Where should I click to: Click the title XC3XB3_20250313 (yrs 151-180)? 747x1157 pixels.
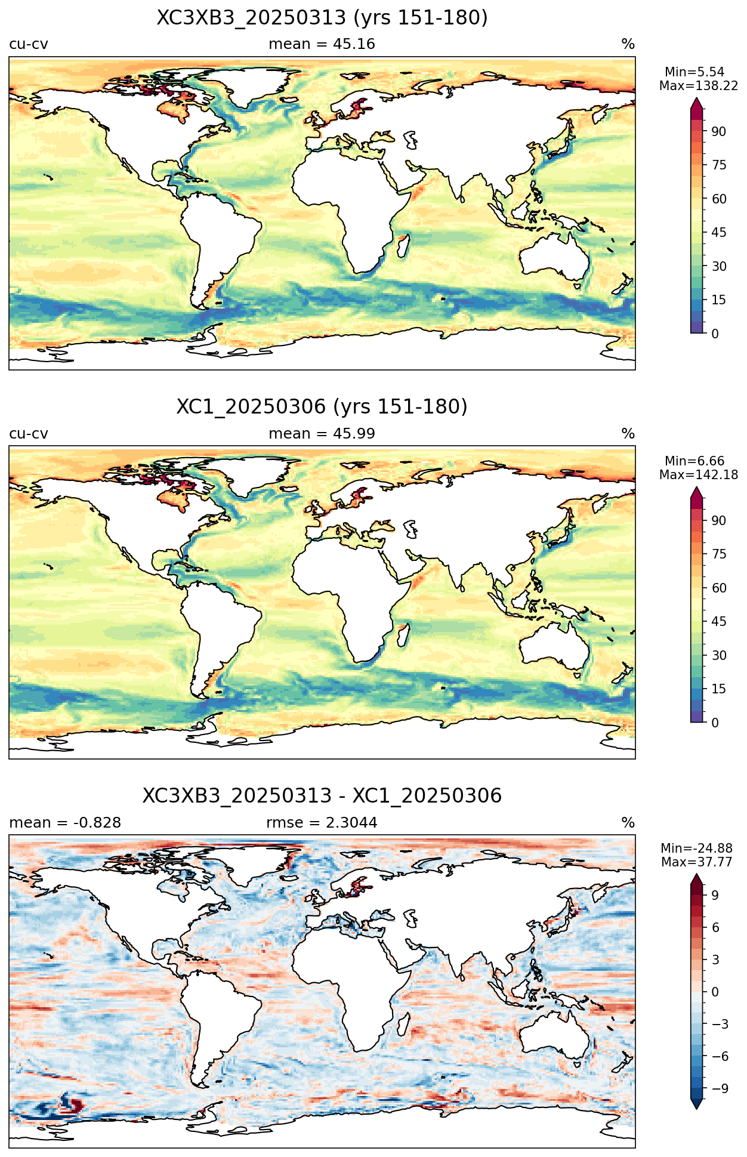[x=322, y=18]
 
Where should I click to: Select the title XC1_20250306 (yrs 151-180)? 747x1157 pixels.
[x=322, y=407]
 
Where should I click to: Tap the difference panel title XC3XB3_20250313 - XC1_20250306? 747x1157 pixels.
[x=322, y=796]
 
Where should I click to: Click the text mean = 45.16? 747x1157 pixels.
[x=322, y=44]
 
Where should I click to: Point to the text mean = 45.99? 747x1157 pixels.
[x=322, y=434]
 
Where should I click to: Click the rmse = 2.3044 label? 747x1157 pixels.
[x=322, y=823]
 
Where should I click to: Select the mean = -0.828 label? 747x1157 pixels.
[x=65, y=823]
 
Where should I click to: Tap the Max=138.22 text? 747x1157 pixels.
[x=699, y=86]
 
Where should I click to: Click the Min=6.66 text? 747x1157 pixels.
[x=694, y=461]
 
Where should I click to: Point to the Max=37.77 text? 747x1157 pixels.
[x=697, y=862]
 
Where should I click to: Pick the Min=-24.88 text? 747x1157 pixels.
[x=697, y=849]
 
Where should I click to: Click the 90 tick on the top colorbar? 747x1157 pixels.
[x=719, y=131]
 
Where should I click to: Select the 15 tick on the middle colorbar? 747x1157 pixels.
[x=719, y=689]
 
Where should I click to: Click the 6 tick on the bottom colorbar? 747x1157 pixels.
[x=715, y=928]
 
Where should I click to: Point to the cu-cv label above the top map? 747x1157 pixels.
[x=29, y=44]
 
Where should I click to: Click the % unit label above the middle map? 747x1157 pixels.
[x=628, y=434]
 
